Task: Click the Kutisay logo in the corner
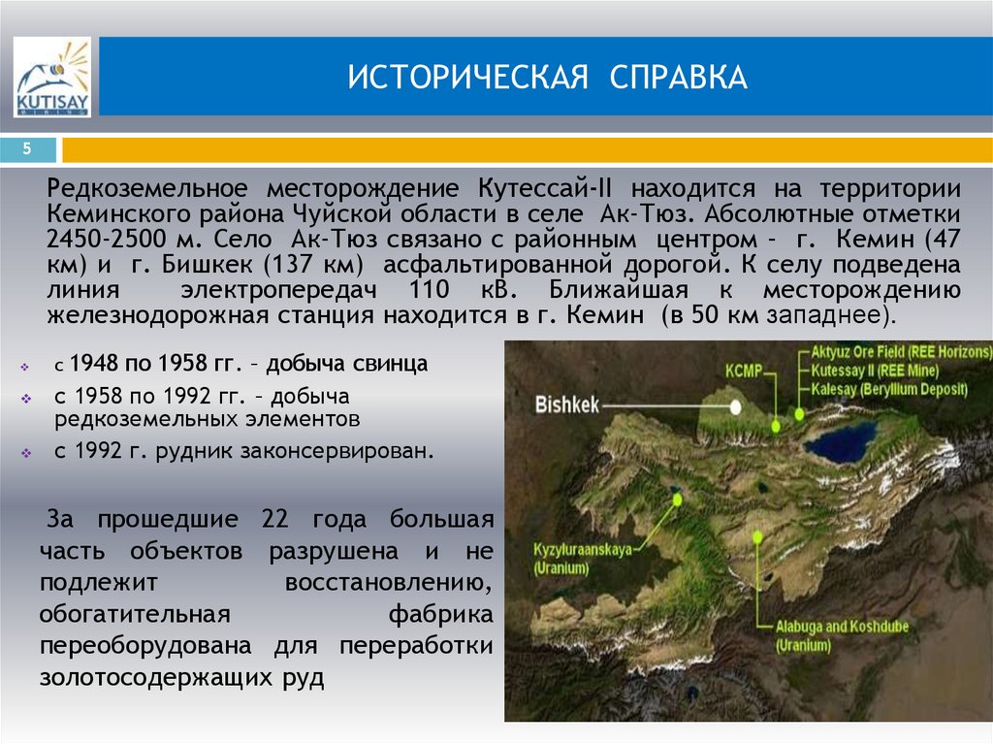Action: [52, 78]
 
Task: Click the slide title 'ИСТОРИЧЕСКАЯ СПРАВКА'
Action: [548, 78]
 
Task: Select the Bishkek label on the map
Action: [567, 404]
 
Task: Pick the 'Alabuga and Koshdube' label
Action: [841, 627]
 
